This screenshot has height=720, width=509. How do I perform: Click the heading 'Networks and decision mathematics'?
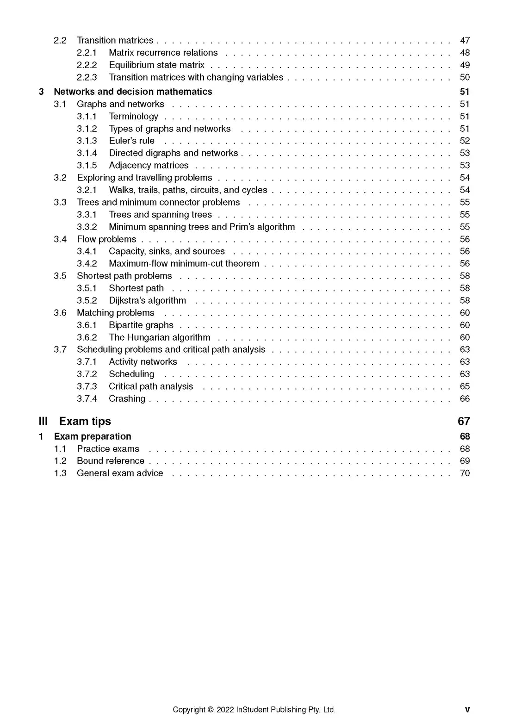click(x=133, y=92)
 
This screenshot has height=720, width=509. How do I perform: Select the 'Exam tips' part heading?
click(x=85, y=421)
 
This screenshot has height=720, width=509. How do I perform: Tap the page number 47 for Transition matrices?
click(x=465, y=40)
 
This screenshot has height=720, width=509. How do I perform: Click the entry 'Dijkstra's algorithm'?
click(x=147, y=300)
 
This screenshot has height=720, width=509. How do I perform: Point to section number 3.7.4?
click(x=87, y=398)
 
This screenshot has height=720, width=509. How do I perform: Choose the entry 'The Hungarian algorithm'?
click(x=159, y=337)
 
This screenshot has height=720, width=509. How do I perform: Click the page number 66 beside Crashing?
click(x=465, y=398)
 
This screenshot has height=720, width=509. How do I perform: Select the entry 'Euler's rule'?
click(x=131, y=141)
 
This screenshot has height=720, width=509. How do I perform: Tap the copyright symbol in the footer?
click(x=211, y=709)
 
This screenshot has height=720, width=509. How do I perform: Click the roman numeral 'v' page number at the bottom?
click(x=467, y=709)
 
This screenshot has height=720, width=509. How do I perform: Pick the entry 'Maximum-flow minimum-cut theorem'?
click(x=184, y=263)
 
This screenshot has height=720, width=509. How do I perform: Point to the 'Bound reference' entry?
click(x=111, y=461)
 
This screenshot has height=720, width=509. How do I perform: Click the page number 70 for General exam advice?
click(x=465, y=473)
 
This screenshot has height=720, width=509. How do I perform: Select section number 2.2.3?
click(x=87, y=77)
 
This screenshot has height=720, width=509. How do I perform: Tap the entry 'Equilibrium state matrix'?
click(x=156, y=65)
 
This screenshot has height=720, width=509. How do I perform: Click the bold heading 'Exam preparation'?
click(x=93, y=436)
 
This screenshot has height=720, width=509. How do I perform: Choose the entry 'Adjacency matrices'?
click(x=149, y=165)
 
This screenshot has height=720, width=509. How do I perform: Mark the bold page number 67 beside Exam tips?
click(x=464, y=421)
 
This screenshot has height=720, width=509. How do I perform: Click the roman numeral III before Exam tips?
click(x=43, y=421)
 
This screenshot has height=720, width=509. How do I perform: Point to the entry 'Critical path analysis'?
click(x=151, y=386)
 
